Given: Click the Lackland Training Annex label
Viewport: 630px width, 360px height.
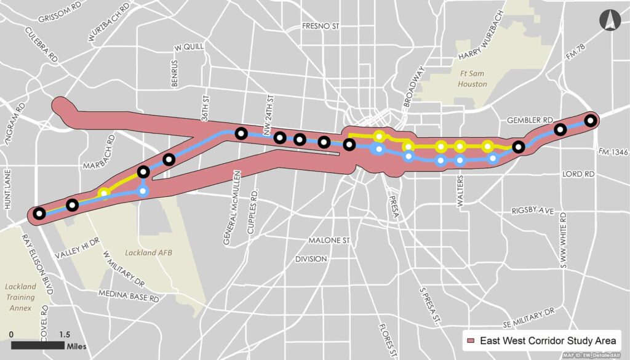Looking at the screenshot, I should (21, 295).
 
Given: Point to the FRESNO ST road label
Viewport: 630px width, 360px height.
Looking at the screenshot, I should (321, 26).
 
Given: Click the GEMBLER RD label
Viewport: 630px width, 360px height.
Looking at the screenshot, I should (525, 120).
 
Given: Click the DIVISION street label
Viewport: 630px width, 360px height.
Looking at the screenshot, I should (311, 259).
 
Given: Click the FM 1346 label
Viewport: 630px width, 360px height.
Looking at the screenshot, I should (612, 151).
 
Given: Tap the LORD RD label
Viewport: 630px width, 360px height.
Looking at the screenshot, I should (579, 175).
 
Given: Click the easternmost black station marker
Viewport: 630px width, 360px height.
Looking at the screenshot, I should (591, 121).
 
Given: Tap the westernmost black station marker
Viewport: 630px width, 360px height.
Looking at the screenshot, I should (39, 214).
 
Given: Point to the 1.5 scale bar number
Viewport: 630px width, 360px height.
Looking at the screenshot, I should (64, 334).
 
